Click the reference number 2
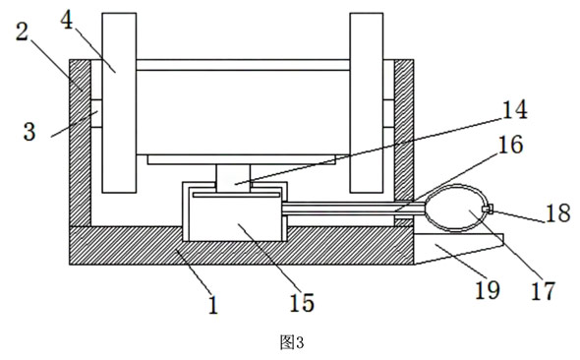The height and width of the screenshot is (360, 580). click(23, 32)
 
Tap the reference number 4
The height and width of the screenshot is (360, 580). click(67, 20)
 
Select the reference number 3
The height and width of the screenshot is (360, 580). click(29, 132)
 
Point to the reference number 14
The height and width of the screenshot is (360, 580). click(514, 110)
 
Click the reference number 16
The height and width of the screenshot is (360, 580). click(511, 145)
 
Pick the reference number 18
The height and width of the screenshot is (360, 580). click(557, 213)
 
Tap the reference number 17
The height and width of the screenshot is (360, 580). click(543, 291)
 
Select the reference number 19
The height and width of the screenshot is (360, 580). click(488, 290)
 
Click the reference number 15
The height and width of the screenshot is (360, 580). click(302, 303)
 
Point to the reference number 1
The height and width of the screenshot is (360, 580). click(213, 305)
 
